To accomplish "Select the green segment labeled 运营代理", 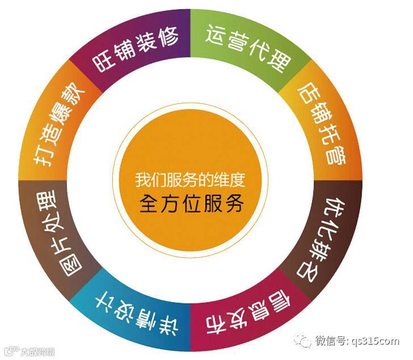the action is click(x=247, y=48).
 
